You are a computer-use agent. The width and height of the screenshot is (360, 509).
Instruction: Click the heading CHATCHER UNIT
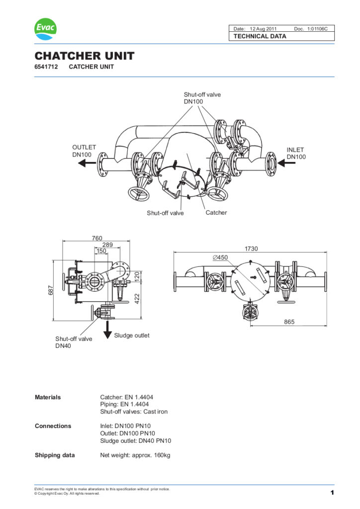pos(84,56)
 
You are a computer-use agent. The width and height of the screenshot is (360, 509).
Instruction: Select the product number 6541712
pos(45,67)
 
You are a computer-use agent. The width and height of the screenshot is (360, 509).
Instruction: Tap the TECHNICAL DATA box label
pos(260,36)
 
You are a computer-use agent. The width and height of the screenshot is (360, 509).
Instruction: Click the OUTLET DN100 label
pos(84,151)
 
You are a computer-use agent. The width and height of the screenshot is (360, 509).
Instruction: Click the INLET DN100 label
pos(296,153)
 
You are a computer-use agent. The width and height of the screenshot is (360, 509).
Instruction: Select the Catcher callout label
pos(216,213)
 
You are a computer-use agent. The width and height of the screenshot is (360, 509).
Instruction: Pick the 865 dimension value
pos(289,322)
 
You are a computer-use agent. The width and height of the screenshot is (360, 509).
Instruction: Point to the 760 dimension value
pos(97,238)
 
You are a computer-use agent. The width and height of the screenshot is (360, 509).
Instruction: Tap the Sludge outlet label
pos(132,336)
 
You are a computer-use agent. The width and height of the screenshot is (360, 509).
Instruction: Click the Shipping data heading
pos(55,455)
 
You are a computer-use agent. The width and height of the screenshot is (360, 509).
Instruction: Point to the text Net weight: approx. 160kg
pos(135,455)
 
